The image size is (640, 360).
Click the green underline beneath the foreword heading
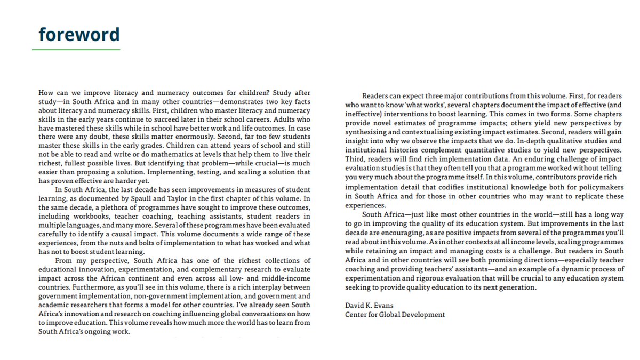pyautogui.click(x=76, y=50)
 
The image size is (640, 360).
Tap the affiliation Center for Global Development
pyautogui.click(x=395, y=315)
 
